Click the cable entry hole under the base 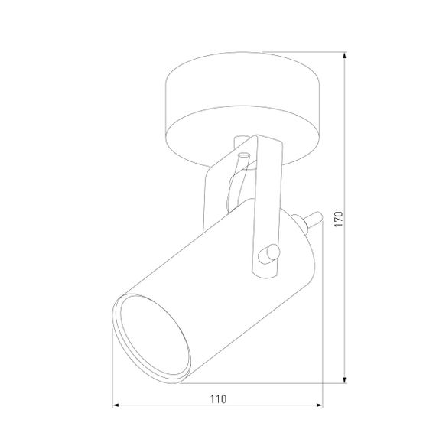[x=242, y=156]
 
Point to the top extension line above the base [x=306, y=55]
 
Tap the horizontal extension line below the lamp [x=260, y=382]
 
